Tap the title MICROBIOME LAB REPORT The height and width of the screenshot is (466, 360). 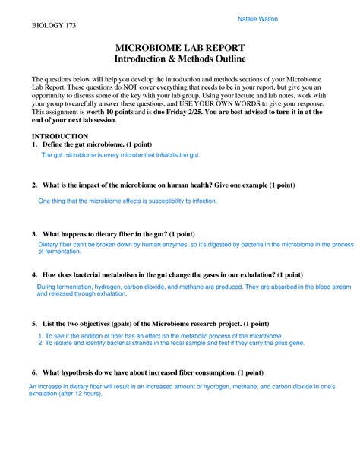coord(179,48)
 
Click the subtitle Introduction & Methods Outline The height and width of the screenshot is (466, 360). coord(179,59)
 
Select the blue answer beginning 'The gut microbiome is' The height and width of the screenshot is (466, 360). coord(120,155)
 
